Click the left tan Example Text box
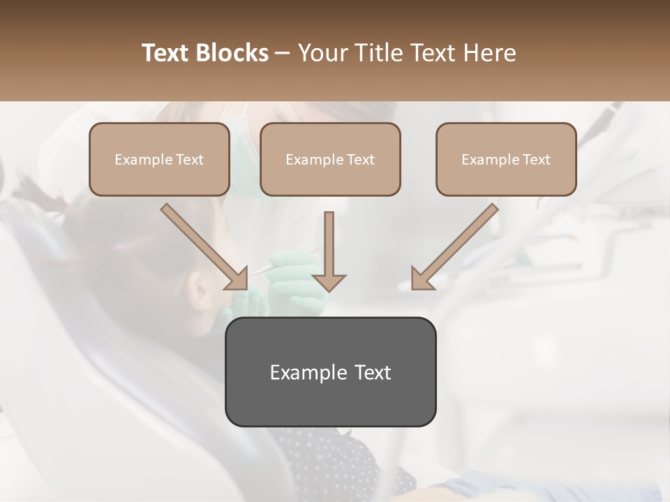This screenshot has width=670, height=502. click(159, 160)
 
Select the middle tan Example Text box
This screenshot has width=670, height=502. click(330, 160)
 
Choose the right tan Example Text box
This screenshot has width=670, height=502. click(506, 160)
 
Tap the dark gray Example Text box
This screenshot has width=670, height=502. click(330, 372)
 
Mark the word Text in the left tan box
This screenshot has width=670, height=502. click(190, 160)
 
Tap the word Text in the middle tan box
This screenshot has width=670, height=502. click(361, 160)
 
